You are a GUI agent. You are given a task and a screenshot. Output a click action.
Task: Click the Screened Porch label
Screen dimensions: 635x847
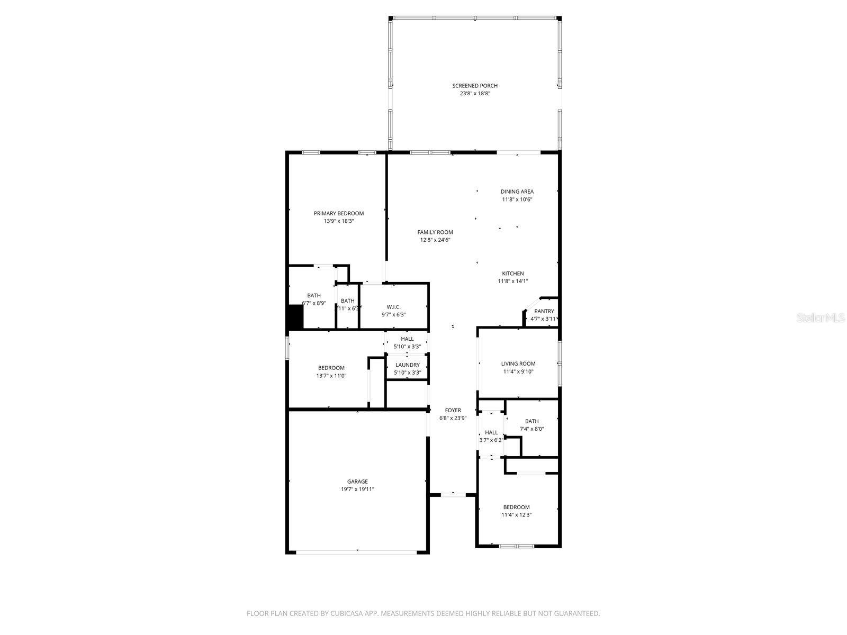coord(474,86)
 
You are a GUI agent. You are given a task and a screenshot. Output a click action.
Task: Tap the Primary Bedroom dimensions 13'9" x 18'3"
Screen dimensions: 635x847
coord(338,221)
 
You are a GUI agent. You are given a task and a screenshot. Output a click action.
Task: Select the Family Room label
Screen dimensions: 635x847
coord(435,232)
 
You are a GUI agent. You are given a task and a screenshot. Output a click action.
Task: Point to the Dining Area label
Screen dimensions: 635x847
coord(517,192)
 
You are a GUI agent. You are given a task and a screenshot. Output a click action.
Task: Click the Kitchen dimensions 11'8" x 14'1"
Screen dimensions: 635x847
coord(512,282)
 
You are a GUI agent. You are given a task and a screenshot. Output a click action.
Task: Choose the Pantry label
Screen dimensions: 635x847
coord(544,311)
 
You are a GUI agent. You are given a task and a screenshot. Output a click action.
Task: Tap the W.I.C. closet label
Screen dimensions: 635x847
coord(393,307)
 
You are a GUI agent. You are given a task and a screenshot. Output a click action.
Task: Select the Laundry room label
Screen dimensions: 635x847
coord(407,365)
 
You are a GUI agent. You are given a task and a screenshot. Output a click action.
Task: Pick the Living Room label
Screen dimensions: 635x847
coord(518,364)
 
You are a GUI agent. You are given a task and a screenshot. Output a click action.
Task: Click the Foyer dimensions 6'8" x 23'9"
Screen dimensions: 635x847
coord(453,418)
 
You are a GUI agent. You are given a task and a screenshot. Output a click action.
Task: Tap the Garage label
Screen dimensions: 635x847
coord(357,482)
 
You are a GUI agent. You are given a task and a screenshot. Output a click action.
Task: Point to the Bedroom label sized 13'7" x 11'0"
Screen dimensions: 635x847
coord(331,368)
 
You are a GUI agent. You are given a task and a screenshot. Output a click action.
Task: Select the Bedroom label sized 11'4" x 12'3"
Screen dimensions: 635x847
coord(516,507)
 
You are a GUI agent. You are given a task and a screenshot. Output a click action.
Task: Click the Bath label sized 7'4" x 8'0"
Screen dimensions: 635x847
coord(531,421)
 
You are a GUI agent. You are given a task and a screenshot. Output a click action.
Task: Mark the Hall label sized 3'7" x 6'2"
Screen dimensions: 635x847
coord(491,432)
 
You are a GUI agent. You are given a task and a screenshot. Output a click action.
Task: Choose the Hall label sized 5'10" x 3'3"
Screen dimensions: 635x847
coord(407,339)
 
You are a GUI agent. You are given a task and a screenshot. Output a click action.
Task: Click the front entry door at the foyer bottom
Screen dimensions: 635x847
coord(453,494)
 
